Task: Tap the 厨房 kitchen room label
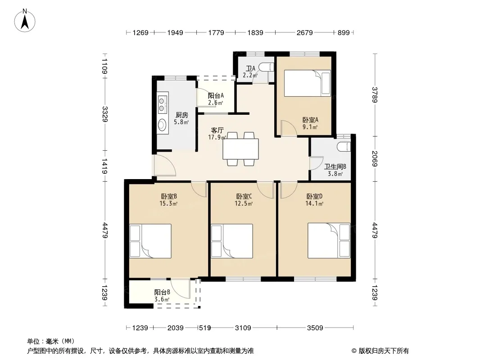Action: pyautogui.click(x=182, y=115)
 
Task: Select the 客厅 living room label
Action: pyautogui.click(x=217, y=130)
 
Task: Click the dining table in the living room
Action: pyautogui.click(x=240, y=149)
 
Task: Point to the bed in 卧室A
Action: pyautogui.click(x=308, y=83)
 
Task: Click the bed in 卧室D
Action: pyautogui.click(x=329, y=240)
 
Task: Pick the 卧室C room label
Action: pyautogui.click(x=244, y=196)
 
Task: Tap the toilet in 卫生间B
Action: pyautogui.click(x=344, y=147)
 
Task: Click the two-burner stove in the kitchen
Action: pyautogui.click(x=162, y=104)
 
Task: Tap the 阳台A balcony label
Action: pyautogui.click(x=216, y=96)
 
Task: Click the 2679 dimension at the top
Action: pyautogui.click(x=304, y=32)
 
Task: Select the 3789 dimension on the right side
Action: pyautogui.click(x=375, y=95)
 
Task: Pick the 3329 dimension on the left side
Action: pyautogui.click(x=105, y=114)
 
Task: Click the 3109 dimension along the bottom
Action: pyautogui.click(x=243, y=328)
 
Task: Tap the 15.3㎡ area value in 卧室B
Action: pyautogui.click(x=168, y=203)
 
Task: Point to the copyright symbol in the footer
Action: pyautogui.click(x=354, y=351)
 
